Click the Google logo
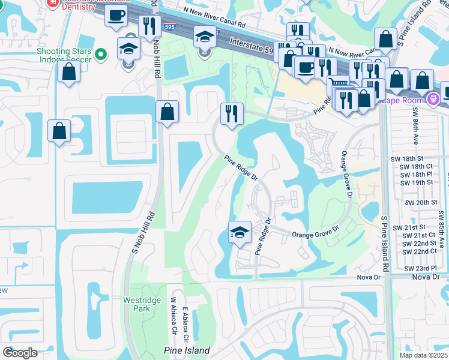(20, 352)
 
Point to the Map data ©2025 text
(423, 355)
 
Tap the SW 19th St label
(416, 182)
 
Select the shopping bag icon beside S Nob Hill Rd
(167, 112)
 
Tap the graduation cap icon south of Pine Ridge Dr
(239, 232)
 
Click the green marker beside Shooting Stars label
(100, 54)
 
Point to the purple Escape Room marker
(432, 97)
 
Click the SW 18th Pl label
(416, 174)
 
